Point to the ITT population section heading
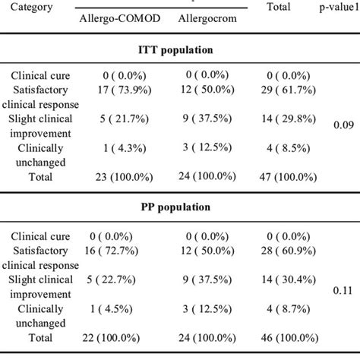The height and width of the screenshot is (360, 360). click(x=179, y=50)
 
